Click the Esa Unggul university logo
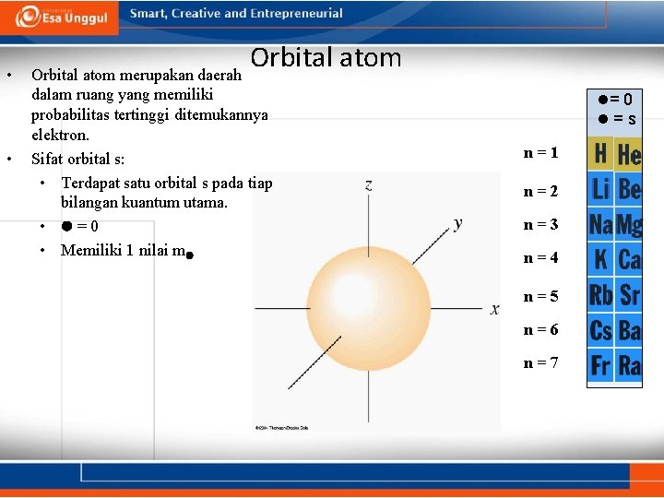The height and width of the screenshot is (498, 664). pos(62,17)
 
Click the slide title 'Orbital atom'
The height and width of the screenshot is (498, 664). pos(326,58)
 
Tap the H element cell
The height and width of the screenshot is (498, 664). pos(601,153)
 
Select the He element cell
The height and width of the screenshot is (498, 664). pos(630,154)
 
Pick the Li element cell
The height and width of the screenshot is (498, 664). pos(601,189)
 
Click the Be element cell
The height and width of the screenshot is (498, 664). pos(630,189)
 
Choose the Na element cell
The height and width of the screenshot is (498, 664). pos(601,224)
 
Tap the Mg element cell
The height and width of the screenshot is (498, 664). pos(630,224)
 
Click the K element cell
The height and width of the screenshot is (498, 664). pos(601,259)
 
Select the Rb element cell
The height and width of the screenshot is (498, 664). pos(601,295)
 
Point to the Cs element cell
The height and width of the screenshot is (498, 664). pos(601,330)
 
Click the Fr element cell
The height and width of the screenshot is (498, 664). pos(601,365)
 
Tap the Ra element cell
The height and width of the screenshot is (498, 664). pos(630,365)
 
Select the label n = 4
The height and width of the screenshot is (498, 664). pos(540,258)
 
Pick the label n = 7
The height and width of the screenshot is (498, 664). pos(540,362)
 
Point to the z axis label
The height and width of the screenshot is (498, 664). pos(369,184)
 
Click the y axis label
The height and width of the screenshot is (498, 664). pos(458,223)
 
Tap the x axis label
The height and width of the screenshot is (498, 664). pos(495,310)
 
